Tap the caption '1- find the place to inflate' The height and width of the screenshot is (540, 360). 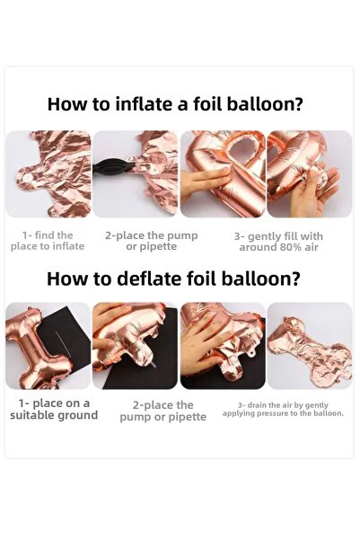54,241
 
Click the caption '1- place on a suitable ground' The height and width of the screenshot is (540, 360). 54,409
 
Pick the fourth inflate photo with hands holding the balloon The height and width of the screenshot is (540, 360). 310,173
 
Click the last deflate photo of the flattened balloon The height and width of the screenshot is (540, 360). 310,345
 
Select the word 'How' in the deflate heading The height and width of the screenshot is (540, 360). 66,278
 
